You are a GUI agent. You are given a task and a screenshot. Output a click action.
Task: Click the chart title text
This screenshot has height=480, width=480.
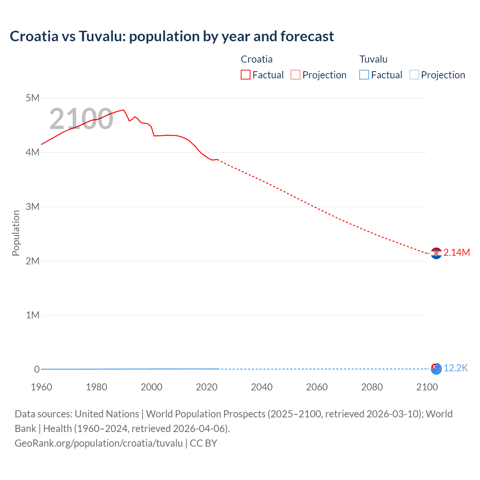click(172, 36)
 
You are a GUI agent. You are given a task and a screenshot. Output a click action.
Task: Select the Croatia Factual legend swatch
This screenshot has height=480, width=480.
click(245, 75)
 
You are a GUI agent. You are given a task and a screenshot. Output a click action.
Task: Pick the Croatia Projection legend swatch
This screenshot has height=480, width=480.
click(295, 75)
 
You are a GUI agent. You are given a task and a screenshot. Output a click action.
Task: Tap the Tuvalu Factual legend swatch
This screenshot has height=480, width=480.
click(364, 75)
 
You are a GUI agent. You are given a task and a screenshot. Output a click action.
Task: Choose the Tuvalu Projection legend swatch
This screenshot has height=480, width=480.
click(414, 75)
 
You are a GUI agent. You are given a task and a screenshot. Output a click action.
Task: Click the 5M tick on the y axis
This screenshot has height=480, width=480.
click(33, 98)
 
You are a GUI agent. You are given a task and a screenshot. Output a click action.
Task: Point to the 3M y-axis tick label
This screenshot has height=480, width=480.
click(33, 207)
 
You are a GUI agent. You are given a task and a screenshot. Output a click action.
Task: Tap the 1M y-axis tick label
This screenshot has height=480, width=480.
click(33, 315)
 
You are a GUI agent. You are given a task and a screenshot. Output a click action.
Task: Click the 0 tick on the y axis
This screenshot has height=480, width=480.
click(37, 369)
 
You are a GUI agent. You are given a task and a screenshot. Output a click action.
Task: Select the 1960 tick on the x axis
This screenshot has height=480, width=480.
click(41, 387)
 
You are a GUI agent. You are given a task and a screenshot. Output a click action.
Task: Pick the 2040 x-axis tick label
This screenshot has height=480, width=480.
click(262, 387)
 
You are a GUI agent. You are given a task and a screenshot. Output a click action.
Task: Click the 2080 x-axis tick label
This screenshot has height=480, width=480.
click(372, 387)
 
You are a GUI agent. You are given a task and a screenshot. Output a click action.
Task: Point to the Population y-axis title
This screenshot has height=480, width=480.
click(16, 233)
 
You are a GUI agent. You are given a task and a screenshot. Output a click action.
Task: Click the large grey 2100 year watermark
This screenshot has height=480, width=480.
click(81, 119)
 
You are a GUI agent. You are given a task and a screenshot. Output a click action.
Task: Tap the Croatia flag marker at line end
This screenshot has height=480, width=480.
click(436, 253)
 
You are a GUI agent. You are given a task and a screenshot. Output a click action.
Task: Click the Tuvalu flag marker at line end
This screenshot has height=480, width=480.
click(436, 369)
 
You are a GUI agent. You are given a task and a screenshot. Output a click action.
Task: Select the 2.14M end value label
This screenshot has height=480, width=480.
click(456, 253)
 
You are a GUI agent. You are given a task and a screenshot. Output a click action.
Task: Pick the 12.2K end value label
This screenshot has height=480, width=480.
click(456, 368)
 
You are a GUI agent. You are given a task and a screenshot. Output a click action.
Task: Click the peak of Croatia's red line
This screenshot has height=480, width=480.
click(123, 110)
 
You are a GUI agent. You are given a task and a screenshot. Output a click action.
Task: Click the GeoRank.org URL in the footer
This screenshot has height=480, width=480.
click(99, 443)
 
